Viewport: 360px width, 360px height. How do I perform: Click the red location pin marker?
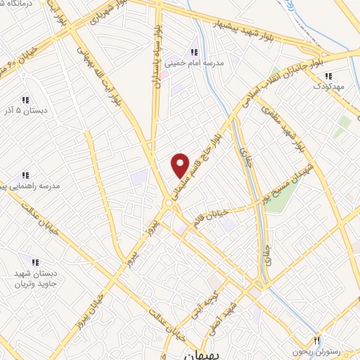pyautogui.click(x=181, y=165)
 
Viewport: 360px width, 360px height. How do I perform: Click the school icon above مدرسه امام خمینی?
pyautogui.click(x=195, y=52)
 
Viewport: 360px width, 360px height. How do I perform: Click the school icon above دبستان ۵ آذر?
pyautogui.click(x=25, y=100)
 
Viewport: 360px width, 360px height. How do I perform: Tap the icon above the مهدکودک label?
pyautogui.click(x=328, y=75)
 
